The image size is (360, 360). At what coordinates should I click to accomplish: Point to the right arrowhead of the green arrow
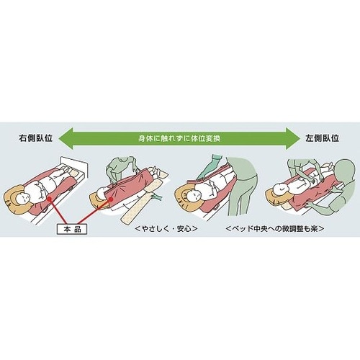(x=294, y=135)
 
